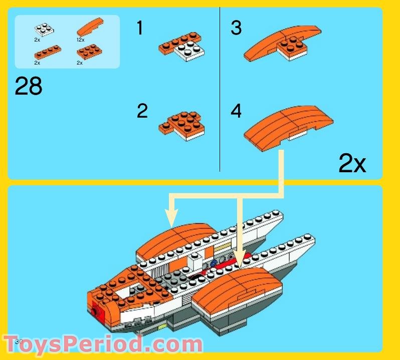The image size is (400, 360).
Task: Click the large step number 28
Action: [x=29, y=87]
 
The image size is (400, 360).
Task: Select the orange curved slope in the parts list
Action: [x=88, y=28]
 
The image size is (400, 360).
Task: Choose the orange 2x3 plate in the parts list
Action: [x=87, y=51]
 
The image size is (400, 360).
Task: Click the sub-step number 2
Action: [x=142, y=111]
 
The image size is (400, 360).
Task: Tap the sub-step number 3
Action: [x=236, y=28]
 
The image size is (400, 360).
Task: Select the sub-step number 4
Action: [x=236, y=111]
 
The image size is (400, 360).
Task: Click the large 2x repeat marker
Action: [x=352, y=163]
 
